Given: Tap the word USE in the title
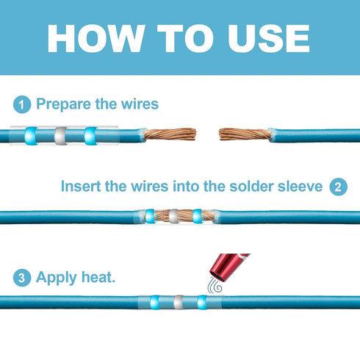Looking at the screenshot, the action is point(269,38).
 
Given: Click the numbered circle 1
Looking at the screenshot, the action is point(22,104).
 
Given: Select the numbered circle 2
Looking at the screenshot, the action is point(338,187).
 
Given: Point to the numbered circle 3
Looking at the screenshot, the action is point(22,278).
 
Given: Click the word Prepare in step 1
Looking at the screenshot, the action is point(63,104).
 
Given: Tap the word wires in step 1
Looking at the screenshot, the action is point(140,104).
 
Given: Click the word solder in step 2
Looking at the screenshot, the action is point(251,186).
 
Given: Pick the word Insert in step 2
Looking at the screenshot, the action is point(81,186).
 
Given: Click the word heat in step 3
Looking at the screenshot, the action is point(98,277).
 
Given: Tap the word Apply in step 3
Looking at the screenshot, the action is point(56,278).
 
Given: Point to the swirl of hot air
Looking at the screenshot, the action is point(215,286).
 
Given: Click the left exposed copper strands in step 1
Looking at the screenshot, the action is point(170,134).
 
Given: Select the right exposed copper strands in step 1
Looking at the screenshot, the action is point(245,134).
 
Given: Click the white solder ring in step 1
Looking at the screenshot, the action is point(60,136).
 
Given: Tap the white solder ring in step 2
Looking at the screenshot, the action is point(173,216).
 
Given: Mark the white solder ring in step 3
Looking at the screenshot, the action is point(179,302).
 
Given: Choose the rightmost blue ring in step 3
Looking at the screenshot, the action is point(202,302).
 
